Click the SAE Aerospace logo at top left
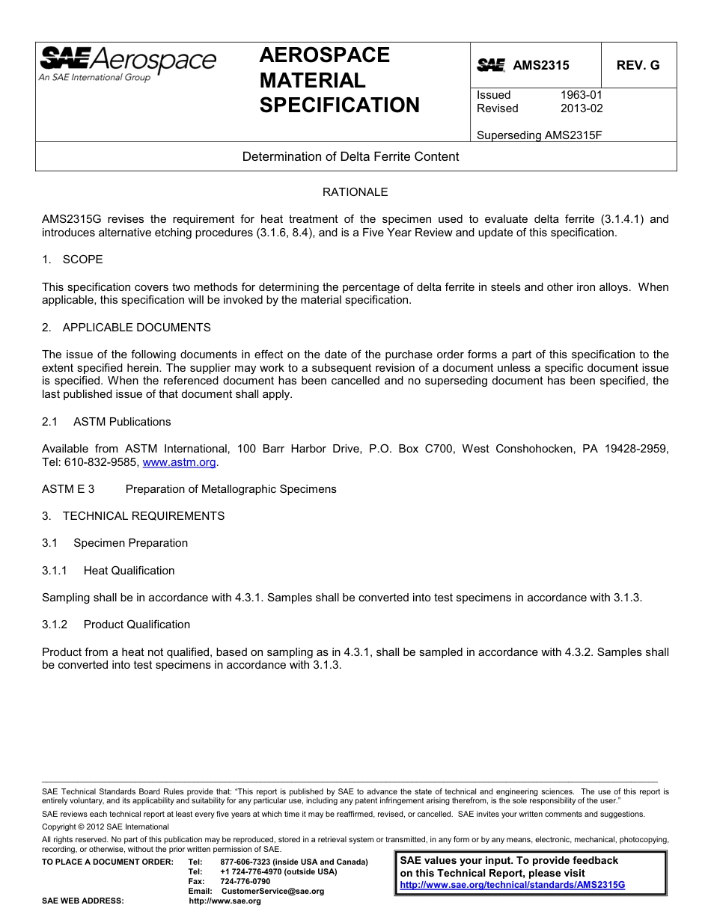[127, 63]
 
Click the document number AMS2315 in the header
[540, 66]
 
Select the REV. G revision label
[638, 66]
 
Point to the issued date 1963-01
[581, 95]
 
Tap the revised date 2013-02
[581, 108]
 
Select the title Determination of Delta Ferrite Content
[350, 157]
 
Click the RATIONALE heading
[355, 192]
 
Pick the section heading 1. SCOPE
[73, 260]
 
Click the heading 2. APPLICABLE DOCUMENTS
[126, 328]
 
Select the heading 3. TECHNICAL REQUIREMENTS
[133, 516]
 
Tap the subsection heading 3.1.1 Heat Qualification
[109, 571]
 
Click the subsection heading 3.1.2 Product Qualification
[116, 625]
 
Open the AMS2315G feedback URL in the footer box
[512, 885]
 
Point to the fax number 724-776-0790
[245, 882]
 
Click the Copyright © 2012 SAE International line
[106, 827]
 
